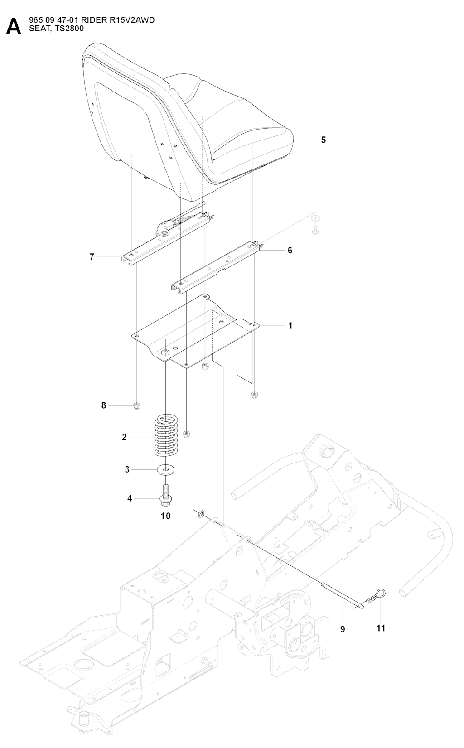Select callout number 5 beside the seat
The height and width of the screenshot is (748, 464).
(x=324, y=140)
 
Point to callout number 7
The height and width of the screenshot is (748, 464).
(x=92, y=257)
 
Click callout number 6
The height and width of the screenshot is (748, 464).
(x=290, y=250)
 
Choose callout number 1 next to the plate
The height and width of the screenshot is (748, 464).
(x=290, y=326)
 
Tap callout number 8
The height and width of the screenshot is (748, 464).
(x=104, y=405)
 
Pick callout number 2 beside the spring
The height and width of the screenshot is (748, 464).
(x=124, y=437)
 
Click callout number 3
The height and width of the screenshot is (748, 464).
(x=127, y=470)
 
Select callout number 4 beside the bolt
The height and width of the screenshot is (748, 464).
(x=130, y=498)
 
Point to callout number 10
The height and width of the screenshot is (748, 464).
(x=166, y=516)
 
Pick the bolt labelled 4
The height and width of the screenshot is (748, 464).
(x=166, y=495)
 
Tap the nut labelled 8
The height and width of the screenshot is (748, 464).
(x=137, y=405)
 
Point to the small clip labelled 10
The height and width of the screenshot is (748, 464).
(x=201, y=514)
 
